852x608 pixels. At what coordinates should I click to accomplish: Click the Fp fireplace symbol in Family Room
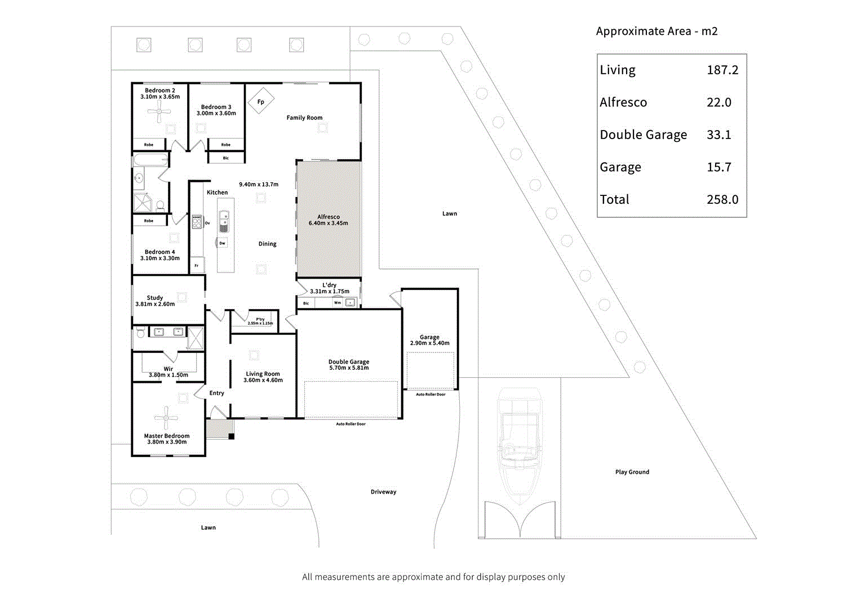[x=260, y=101]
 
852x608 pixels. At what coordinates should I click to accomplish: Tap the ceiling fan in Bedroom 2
[x=159, y=112]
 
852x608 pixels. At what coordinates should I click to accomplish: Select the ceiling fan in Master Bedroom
[x=166, y=418]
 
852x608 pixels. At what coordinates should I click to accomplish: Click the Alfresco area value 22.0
[x=718, y=102]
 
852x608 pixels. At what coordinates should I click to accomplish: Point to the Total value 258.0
[x=722, y=200]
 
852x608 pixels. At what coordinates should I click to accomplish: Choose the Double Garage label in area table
[x=643, y=135]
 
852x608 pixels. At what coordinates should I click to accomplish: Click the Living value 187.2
[x=722, y=70]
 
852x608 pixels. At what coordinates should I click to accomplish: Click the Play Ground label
[x=632, y=472]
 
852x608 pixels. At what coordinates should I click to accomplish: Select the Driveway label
[x=383, y=492]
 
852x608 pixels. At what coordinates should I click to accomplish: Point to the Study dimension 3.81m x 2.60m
[x=155, y=304]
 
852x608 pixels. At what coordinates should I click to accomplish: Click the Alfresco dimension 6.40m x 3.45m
[x=328, y=223]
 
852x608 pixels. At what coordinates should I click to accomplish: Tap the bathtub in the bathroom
[x=150, y=160]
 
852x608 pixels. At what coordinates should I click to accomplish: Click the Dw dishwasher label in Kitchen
[x=222, y=243]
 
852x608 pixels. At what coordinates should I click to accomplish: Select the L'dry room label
[x=329, y=285]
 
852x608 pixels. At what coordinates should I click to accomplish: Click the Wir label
[x=168, y=369]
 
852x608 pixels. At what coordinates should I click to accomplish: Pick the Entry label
[x=216, y=394]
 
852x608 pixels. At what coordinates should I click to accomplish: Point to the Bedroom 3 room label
[x=216, y=107]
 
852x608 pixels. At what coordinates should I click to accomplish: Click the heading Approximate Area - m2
[x=656, y=32]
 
